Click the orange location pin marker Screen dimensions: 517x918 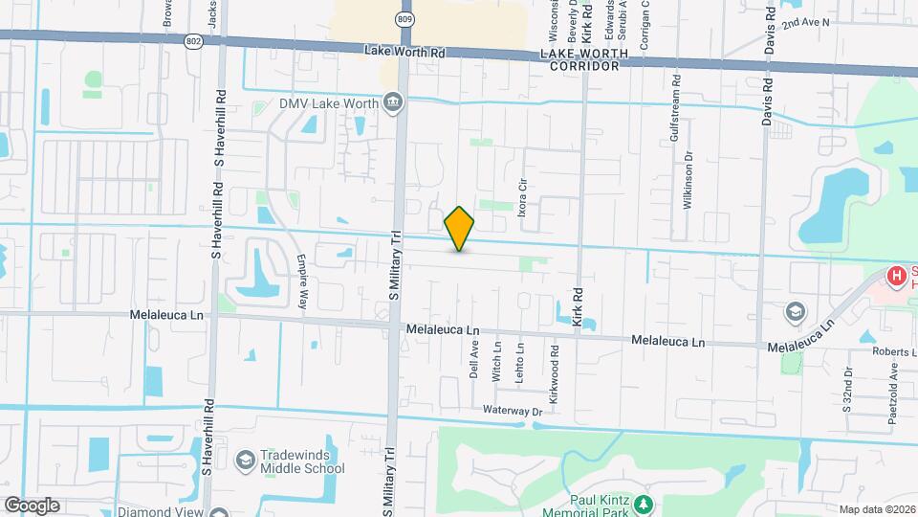[460, 228]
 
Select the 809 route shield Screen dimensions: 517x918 [404, 19]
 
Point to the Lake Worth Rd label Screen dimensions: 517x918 [405, 52]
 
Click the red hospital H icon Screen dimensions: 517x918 [897, 278]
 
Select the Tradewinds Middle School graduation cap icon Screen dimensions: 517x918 [247, 462]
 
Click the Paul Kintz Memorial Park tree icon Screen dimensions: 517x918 [645, 505]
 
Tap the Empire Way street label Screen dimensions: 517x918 [302, 281]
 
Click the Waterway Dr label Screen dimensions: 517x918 [513, 411]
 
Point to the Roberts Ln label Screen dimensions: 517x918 [894, 351]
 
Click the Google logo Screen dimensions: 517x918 [31, 505]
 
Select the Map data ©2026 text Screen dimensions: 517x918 [877, 509]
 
